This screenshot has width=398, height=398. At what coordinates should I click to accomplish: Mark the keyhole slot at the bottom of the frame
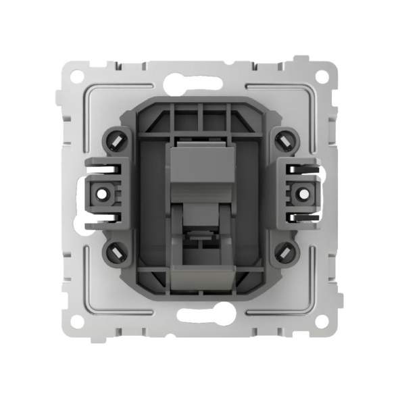199,313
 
